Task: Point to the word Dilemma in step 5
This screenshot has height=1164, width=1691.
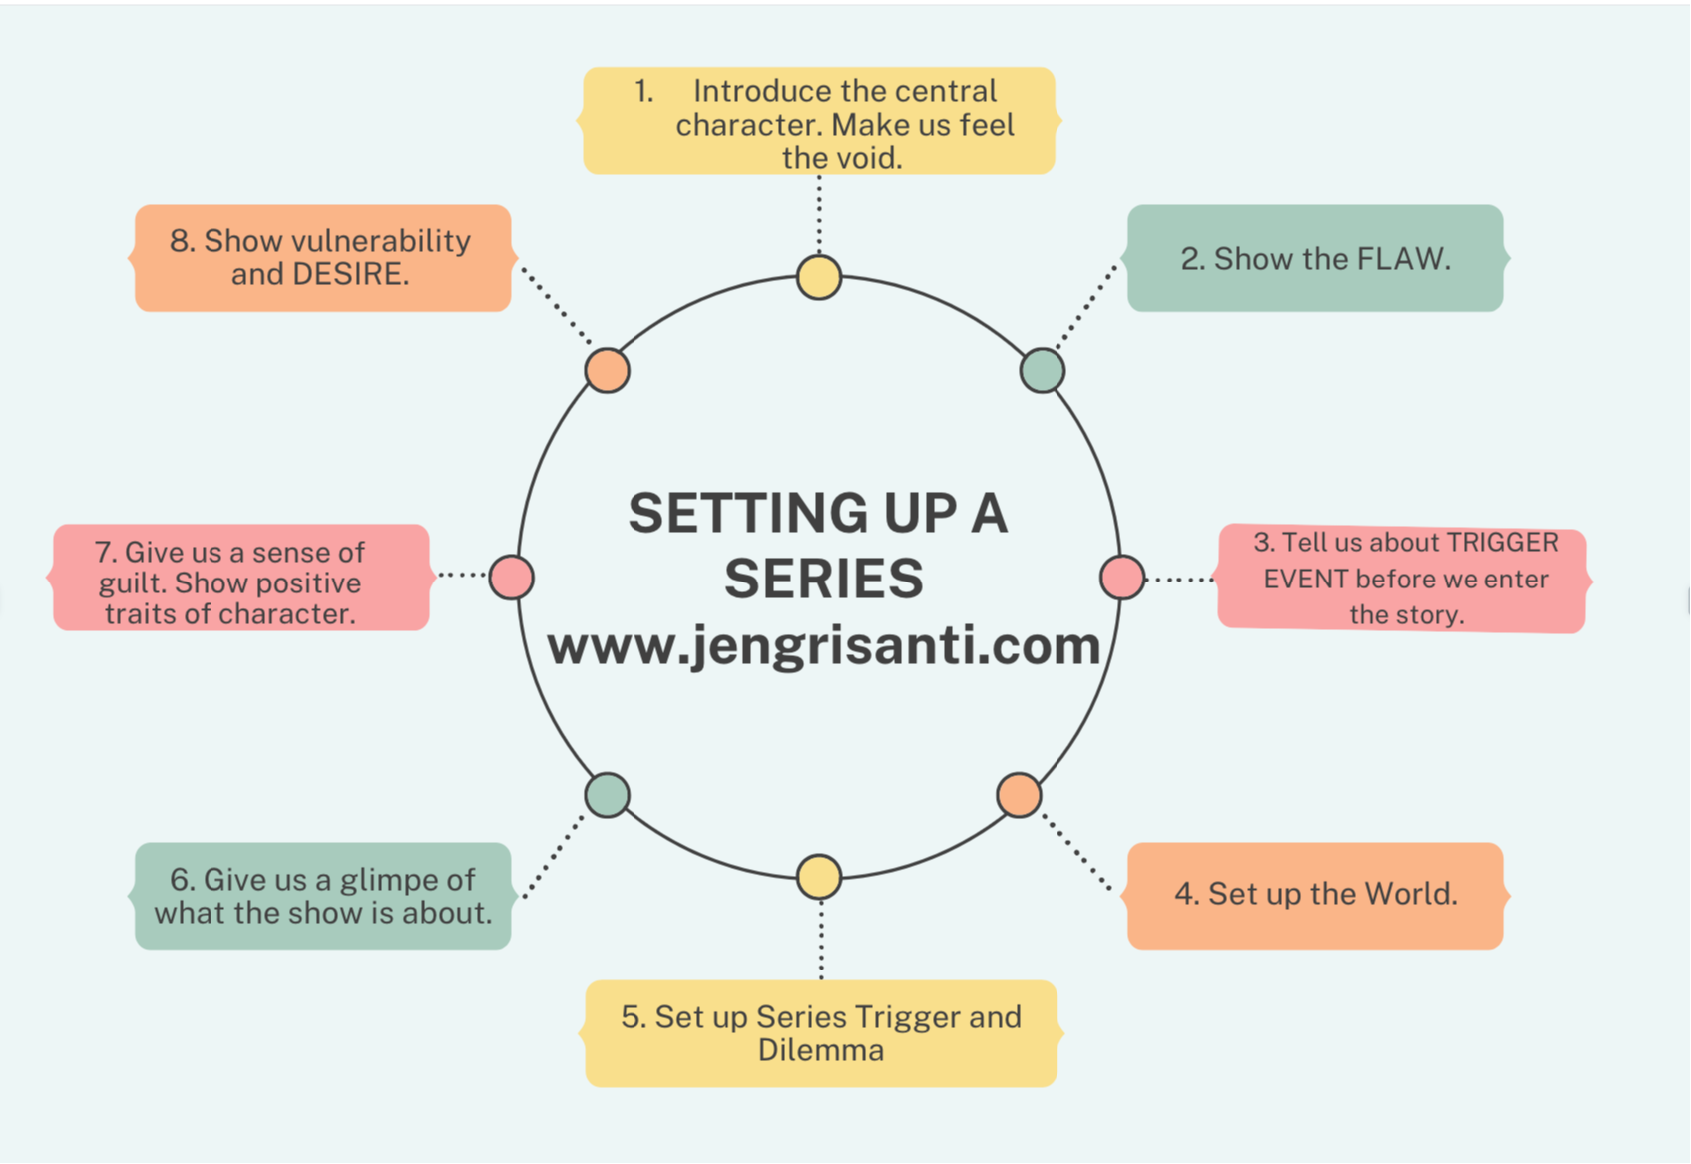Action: coord(820,1050)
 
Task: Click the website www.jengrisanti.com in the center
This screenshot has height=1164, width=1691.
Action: coord(823,645)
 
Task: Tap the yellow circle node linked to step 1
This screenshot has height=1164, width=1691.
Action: coord(819,277)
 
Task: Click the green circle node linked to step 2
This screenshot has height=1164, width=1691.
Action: coord(1043,371)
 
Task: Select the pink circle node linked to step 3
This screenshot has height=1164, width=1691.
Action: coord(1122,578)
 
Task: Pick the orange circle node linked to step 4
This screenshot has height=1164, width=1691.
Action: coord(1019,795)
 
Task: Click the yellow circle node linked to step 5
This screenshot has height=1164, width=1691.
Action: coord(819,877)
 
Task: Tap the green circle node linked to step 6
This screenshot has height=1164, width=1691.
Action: coord(607,795)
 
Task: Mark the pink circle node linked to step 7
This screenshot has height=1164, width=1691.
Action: coord(511,578)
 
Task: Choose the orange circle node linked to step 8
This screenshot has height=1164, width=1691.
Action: coord(607,371)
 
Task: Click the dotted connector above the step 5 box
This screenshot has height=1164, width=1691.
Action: coord(821,938)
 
